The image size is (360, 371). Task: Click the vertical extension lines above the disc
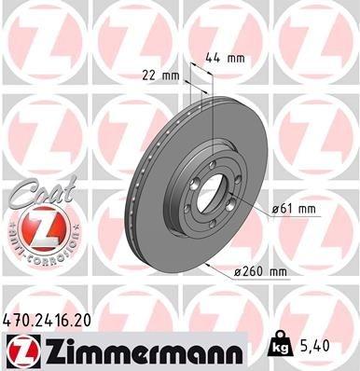201,89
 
